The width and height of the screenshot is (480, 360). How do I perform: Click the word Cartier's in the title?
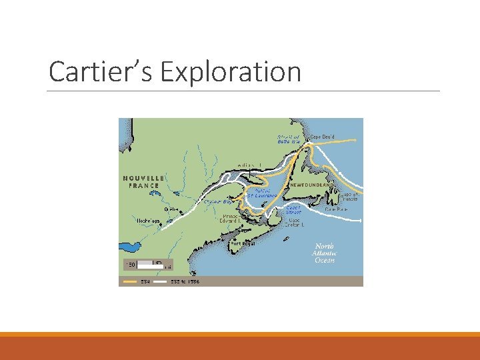pyautogui.click(x=102, y=72)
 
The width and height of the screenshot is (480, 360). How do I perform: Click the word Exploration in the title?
pyautogui.click(x=231, y=72)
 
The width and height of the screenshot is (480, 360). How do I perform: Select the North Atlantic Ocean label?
pyautogui.click(x=325, y=253)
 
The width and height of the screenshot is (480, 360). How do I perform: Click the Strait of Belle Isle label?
pyautogui.click(x=289, y=139)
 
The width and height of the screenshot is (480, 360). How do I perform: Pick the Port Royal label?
pyautogui.click(x=243, y=243)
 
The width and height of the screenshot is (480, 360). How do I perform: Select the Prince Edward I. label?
pyautogui.click(x=235, y=219)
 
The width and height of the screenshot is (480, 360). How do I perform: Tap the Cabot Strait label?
pyautogui.click(x=293, y=209)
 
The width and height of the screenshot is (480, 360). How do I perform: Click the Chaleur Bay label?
pyautogui.click(x=217, y=201)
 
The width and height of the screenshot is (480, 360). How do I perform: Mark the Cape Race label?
pyautogui.click(x=335, y=209)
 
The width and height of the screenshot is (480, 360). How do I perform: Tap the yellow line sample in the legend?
pyautogui.click(x=129, y=281)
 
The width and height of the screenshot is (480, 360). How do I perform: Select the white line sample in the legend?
pyautogui.click(x=160, y=281)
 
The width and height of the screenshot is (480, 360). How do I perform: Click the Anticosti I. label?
pyautogui.click(x=248, y=164)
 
